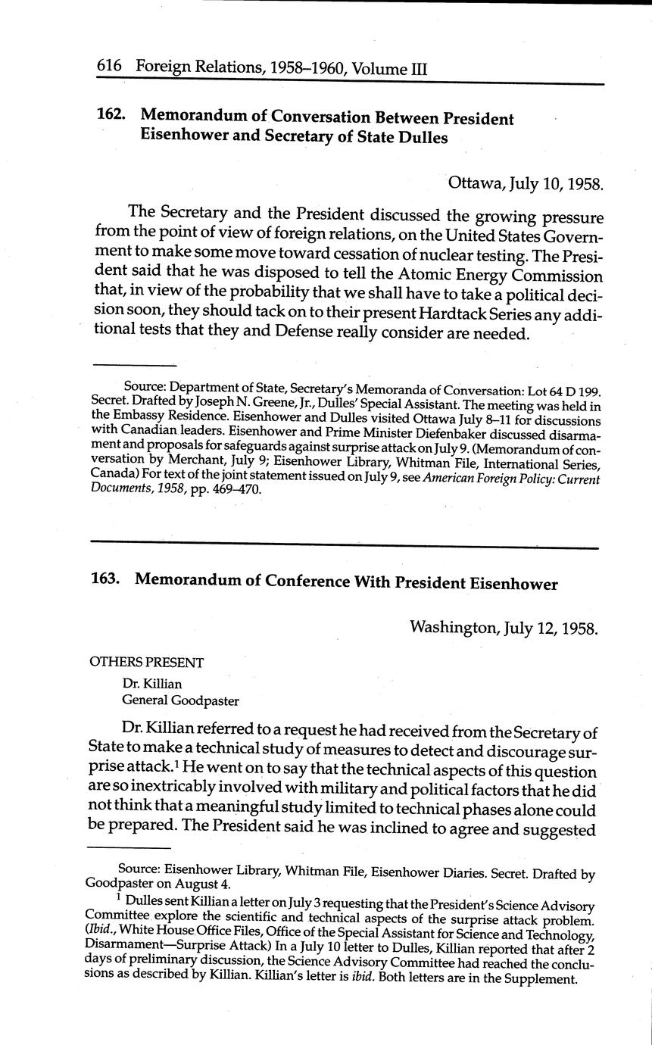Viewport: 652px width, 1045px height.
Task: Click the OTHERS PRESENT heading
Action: pyautogui.click(x=147, y=663)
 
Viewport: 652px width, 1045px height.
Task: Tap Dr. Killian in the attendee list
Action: pyautogui.click(x=152, y=684)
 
